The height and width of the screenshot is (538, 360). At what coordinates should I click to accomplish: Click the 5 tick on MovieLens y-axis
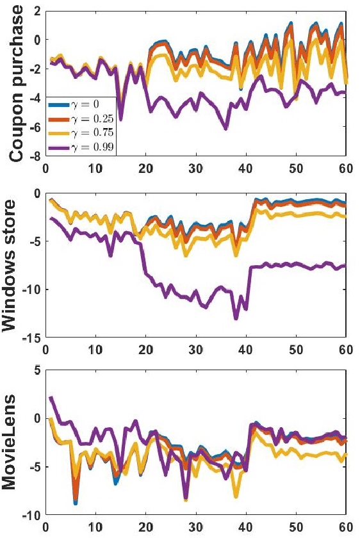tap(37, 370)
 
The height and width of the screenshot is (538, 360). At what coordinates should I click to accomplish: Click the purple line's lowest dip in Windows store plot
tap(236, 318)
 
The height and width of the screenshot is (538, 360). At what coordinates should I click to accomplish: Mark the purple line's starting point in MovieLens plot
tap(51, 398)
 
